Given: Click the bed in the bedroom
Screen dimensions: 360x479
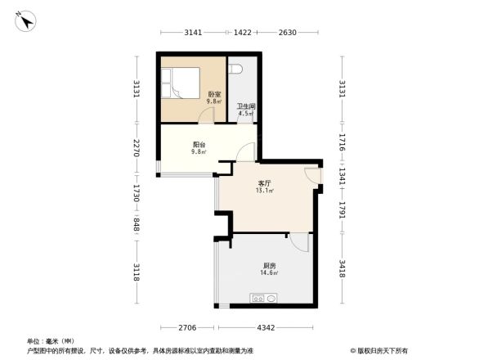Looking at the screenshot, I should (180, 83).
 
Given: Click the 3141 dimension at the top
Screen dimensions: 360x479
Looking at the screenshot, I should (192, 33).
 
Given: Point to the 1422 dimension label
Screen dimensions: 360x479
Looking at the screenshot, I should (243, 33).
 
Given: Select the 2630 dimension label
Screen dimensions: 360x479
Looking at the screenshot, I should (286, 33).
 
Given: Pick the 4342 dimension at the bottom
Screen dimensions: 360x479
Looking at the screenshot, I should (265, 327).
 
